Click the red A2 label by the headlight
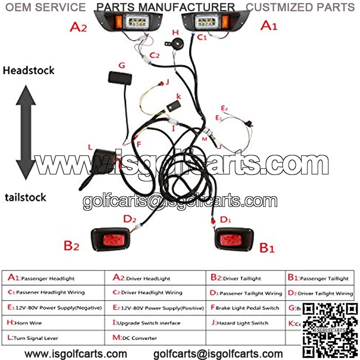78,27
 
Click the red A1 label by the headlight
269,26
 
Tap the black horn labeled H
173,44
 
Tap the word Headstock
28,70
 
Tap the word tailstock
26,197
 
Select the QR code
329,329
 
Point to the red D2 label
130,219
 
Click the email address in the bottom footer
218,354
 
